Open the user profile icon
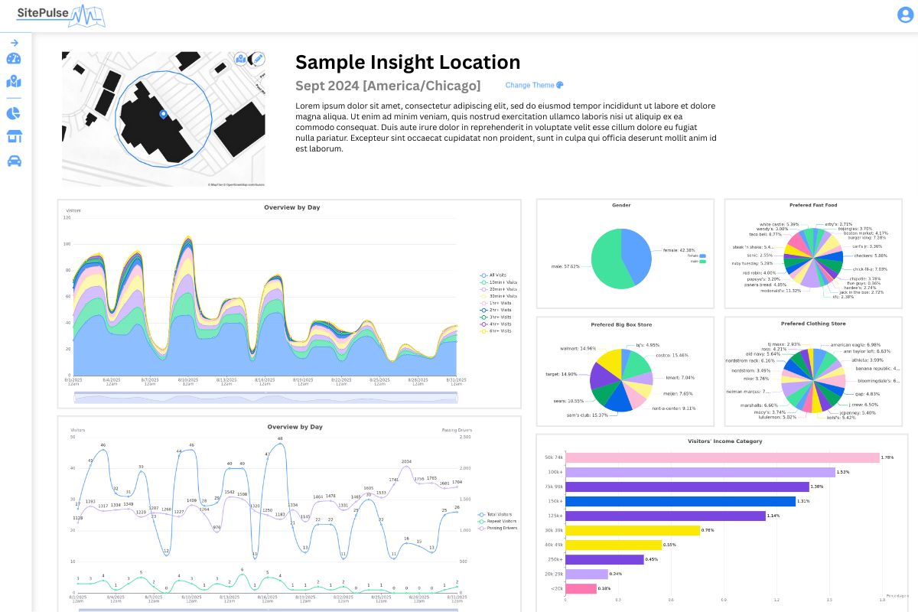[905, 15]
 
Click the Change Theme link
[534, 86]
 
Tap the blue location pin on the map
[163, 114]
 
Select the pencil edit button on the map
[258, 59]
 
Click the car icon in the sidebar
[14, 161]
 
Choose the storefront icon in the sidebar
[14, 137]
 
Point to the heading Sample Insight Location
[408, 63]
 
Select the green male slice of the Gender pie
[608, 260]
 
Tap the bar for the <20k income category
[580, 588]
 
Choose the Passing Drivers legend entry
[501, 528]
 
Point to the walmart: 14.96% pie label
[578, 349]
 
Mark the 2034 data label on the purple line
[406, 462]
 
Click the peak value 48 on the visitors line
[280, 439]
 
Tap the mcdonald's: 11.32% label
[781, 291]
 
